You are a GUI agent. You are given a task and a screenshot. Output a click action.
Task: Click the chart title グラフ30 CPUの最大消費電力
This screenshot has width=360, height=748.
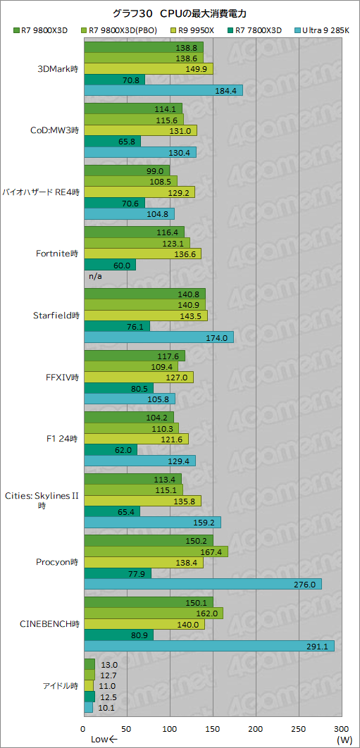pos(179,13)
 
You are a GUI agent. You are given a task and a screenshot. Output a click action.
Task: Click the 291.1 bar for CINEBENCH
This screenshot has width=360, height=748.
pos(209,646)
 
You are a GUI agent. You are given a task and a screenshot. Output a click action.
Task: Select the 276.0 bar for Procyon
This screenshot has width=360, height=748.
pos(202,584)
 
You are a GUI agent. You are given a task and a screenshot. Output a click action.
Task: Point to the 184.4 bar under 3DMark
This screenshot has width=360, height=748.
pos(163,90)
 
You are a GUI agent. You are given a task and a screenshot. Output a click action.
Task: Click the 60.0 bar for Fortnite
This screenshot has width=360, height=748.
pos(109,265)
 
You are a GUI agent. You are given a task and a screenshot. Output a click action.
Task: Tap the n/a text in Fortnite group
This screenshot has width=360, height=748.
pos(94,275)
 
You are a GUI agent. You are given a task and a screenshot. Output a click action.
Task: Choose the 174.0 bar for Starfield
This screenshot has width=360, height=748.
pos(159,337)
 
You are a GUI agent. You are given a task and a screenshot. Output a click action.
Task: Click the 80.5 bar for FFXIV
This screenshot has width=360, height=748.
pos(118,388)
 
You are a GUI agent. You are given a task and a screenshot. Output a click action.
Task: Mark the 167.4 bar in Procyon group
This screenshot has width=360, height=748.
pos(156,551)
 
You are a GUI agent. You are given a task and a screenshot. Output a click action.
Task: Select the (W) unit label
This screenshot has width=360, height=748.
pos(344,739)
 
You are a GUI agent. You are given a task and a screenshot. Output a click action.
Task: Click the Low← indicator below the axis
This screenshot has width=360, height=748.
pos(104,739)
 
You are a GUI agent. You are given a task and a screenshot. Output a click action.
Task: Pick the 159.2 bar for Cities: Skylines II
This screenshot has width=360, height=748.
pos(152,522)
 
